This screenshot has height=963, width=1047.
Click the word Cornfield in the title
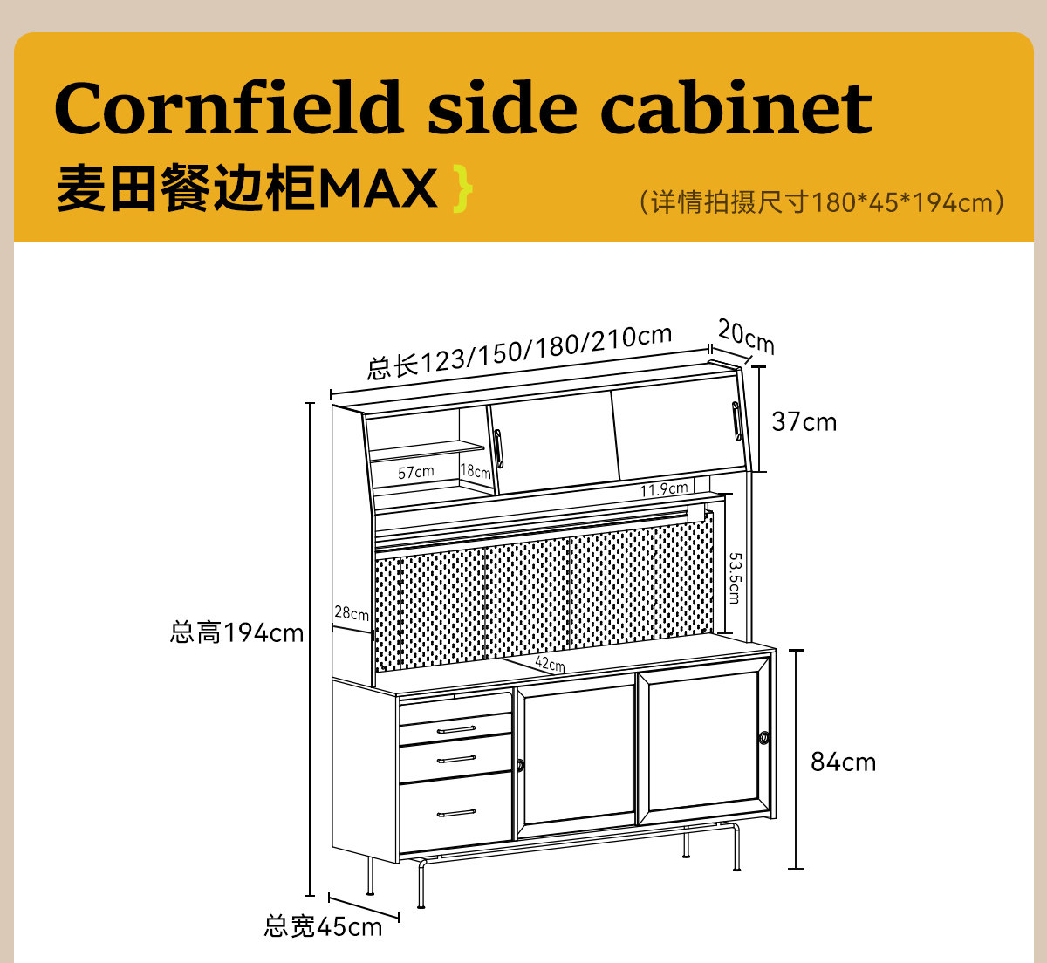pyautogui.click(x=228, y=108)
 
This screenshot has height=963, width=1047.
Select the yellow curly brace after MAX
pyautogui.click(x=463, y=189)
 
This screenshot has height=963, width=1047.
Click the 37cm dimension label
pyautogui.click(x=804, y=422)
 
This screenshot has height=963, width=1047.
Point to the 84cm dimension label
pyautogui.click(x=843, y=762)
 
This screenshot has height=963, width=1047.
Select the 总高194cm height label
pyautogui.click(x=236, y=632)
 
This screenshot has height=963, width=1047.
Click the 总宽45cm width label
pyautogui.click(x=323, y=926)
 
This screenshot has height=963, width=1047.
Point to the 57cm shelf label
pyautogui.click(x=415, y=472)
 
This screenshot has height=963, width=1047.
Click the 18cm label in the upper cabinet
pyautogui.click(x=476, y=471)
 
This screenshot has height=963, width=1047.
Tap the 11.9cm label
pyautogui.click(x=664, y=489)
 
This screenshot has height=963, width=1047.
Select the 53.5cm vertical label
pyautogui.click(x=735, y=577)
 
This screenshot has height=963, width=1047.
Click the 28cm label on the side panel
pyautogui.click(x=352, y=613)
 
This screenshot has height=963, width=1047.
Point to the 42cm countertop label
pyautogui.click(x=550, y=665)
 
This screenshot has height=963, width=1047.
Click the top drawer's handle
pyautogui.click(x=455, y=728)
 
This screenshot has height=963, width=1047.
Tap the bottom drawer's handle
pyautogui.click(x=455, y=813)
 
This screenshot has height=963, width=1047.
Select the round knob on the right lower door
pyautogui.click(x=764, y=738)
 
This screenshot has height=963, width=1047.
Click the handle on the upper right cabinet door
pyautogui.click(x=736, y=421)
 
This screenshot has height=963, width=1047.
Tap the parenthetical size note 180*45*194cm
pyautogui.click(x=821, y=202)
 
